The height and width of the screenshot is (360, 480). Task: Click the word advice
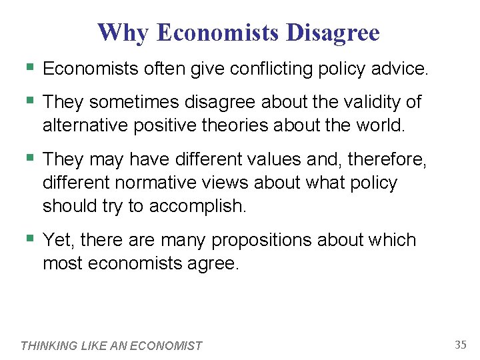(x=403, y=68)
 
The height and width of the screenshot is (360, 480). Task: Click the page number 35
(x=461, y=345)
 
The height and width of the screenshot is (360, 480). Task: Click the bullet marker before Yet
(x=28, y=238)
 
